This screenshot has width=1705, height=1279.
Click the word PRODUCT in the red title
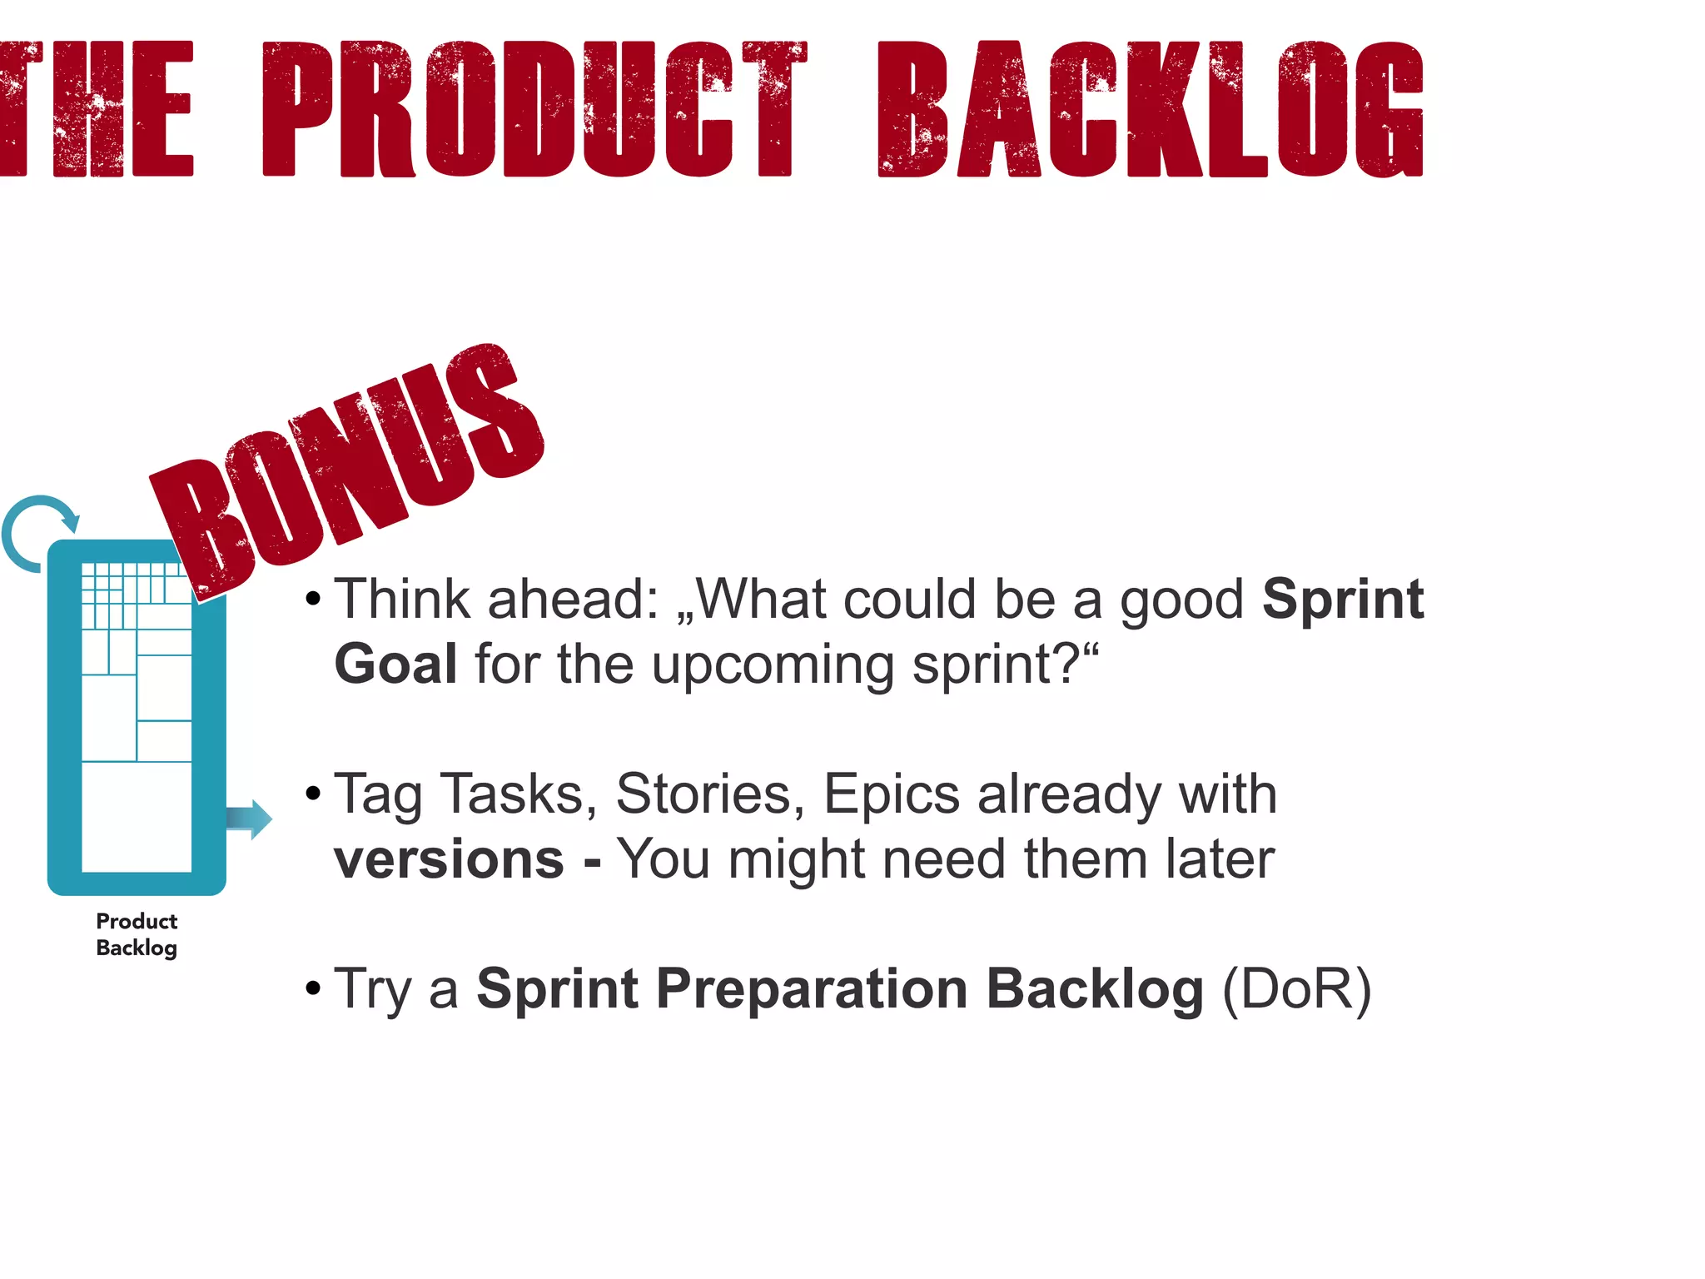tap(534, 110)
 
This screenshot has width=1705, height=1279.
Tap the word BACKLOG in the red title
tap(1151, 110)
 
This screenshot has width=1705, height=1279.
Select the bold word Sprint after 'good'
tap(1342, 600)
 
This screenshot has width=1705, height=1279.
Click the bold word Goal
tap(395, 664)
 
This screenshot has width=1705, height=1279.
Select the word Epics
tap(892, 794)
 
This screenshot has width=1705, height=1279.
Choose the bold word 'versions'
tap(449, 859)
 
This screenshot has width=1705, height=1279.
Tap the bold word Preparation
tap(812, 989)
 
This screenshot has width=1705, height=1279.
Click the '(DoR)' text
tap(1296, 989)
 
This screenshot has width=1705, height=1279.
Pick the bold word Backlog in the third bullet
tap(1095, 989)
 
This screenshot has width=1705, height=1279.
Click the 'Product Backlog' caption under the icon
tap(137, 934)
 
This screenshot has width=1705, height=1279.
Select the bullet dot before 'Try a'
tap(313, 989)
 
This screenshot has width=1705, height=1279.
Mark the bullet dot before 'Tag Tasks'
tap(313, 794)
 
